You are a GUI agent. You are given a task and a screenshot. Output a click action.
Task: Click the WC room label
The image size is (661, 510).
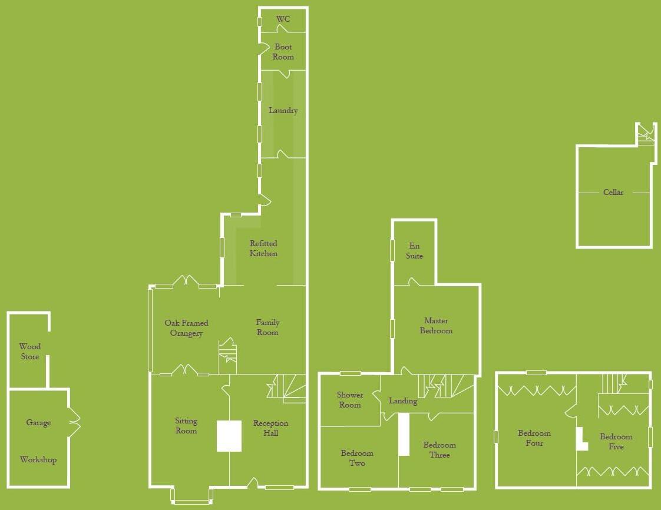[283, 19]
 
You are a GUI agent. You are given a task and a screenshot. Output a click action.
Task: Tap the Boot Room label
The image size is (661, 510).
[283, 52]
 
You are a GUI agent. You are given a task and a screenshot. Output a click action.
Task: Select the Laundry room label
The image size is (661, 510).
[283, 111]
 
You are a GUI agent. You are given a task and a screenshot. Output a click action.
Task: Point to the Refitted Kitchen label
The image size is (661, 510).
[263, 249]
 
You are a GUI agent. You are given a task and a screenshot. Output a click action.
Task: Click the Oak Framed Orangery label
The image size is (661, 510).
[186, 328]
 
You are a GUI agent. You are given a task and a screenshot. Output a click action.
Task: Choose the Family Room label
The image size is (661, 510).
[267, 327]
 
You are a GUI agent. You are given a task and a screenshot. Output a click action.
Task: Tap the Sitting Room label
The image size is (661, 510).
[186, 426]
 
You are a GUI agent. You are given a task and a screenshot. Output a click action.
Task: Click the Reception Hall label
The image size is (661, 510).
[270, 428]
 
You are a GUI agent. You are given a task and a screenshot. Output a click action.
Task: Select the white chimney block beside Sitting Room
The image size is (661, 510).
[229, 436]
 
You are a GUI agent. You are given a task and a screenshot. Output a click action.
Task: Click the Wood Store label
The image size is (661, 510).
[30, 352]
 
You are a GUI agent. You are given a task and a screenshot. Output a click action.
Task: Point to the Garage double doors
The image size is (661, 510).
[74, 422]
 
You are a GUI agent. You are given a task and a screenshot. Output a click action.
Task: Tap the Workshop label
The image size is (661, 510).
[38, 460]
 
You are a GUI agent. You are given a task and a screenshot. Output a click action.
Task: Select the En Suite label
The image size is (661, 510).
[414, 251]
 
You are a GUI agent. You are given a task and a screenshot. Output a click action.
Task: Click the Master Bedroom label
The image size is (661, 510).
[437, 326]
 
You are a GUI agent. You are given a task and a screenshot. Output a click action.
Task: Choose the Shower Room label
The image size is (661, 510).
[350, 400]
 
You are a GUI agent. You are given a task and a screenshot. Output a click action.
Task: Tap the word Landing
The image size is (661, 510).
[403, 401]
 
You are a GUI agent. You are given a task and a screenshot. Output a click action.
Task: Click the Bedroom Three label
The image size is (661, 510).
[439, 450]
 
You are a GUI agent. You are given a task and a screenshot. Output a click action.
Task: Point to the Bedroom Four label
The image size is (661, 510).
[534, 438]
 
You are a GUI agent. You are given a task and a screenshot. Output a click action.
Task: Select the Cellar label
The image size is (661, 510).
[613, 192]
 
